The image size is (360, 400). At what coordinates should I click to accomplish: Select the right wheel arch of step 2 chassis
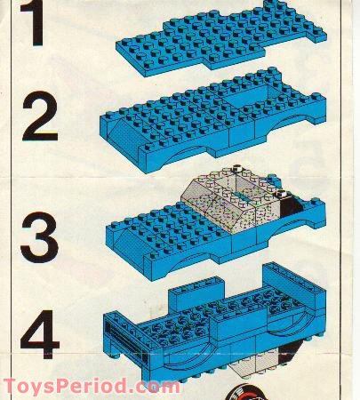click(284, 124)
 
